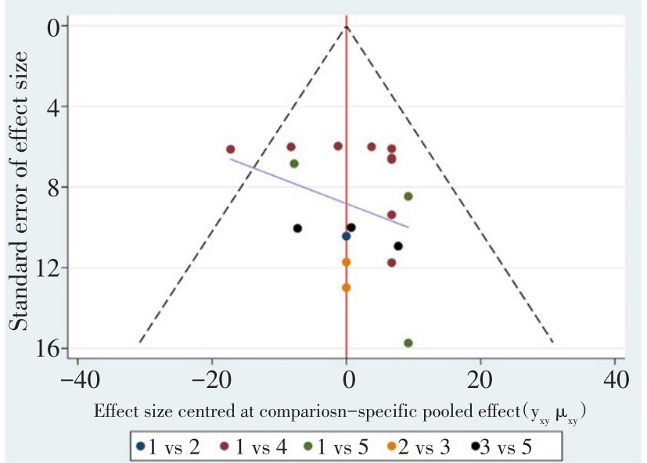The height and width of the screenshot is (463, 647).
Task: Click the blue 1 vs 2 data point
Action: click(x=346, y=236)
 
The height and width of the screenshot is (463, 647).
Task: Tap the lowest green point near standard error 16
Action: click(x=408, y=343)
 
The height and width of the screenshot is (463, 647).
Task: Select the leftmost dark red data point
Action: click(x=231, y=149)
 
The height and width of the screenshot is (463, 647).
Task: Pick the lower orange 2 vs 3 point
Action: click(x=346, y=288)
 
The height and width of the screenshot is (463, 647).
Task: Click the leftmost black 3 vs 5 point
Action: click(x=297, y=228)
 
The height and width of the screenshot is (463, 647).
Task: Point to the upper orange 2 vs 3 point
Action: click(x=346, y=262)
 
